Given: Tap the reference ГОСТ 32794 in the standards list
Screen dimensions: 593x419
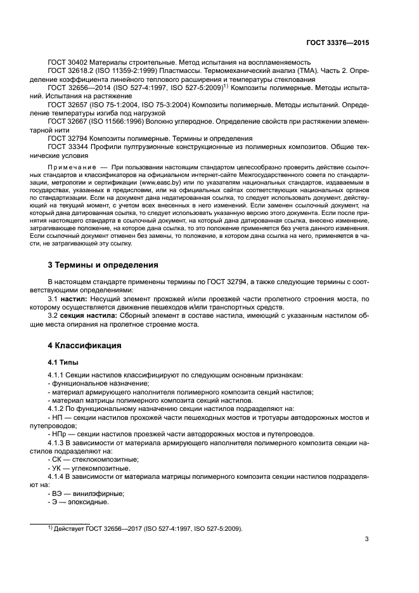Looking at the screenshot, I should pos(68,138).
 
